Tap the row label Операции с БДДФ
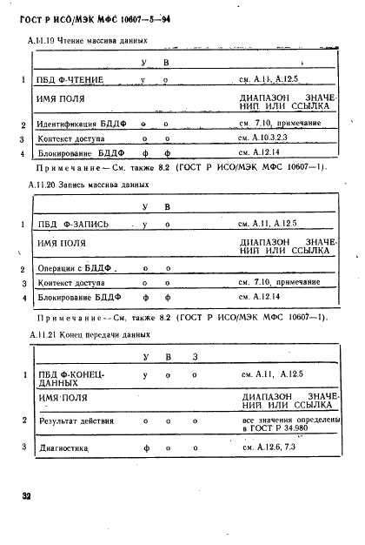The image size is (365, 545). coord(76,268)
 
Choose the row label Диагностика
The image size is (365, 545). coord(64,447)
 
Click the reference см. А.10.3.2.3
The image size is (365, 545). coord(268,138)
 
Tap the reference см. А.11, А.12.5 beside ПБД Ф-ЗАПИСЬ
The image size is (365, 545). coord(270,224)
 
